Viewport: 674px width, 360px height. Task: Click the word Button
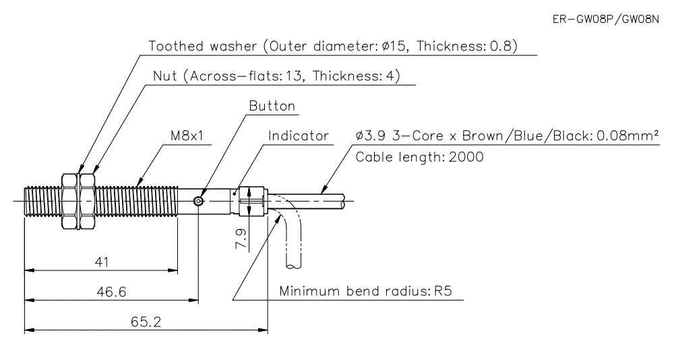coord(272,106)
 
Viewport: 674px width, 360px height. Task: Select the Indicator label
coord(299,136)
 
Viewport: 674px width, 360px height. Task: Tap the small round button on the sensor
coord(198,200)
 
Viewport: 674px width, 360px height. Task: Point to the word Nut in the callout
coord(164,76)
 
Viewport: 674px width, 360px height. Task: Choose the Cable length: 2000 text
coord(419,157)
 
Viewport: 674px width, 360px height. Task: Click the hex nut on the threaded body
coord(69,200)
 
